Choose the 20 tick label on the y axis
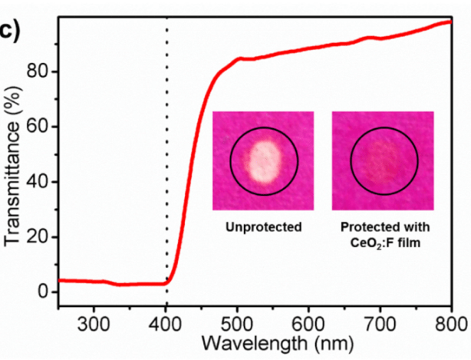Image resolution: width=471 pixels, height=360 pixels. point(38,237)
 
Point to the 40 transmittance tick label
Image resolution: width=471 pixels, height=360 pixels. point(38,182)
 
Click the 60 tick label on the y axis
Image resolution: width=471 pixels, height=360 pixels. point(38,127)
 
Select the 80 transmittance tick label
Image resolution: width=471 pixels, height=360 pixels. point(38,71)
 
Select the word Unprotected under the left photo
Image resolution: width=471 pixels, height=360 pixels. point(262,227)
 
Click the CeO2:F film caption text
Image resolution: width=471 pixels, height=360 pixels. point(382,241)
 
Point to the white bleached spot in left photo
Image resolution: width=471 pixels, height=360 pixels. point(262,161)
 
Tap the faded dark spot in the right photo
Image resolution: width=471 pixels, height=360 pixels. point(384,162)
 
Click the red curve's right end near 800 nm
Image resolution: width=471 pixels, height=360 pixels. point(449,22)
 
